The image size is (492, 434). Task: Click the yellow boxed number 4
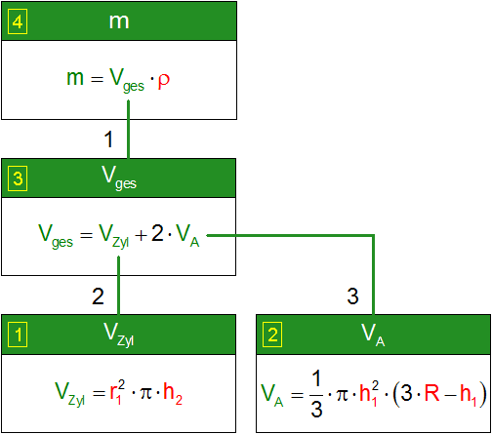point(18,21)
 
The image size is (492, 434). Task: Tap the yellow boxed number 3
point(18,178)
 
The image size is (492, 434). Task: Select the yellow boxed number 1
point(18,335)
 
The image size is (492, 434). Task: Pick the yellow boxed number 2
point(272,335)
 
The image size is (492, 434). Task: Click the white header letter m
point(119,21)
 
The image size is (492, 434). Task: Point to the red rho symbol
point(164,80)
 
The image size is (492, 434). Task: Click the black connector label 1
point(109,139)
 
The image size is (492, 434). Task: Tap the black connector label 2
point(98,296)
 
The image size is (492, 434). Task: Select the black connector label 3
point(352,296)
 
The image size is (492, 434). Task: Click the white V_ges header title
point(119,178)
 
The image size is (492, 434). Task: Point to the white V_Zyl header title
point(119,335)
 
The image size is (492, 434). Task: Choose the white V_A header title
point(373,335)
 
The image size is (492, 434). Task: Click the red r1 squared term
point(117,392)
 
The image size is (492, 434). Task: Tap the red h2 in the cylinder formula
point(173,393)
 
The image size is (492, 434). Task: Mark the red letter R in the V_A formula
point(432,393)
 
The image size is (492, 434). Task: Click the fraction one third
point(316,394)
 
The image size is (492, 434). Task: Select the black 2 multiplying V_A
point(158,233)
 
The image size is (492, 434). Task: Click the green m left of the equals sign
point(75,78)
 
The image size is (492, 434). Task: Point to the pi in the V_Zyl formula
point(145,393)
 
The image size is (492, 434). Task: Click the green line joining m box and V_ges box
point(128,130)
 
